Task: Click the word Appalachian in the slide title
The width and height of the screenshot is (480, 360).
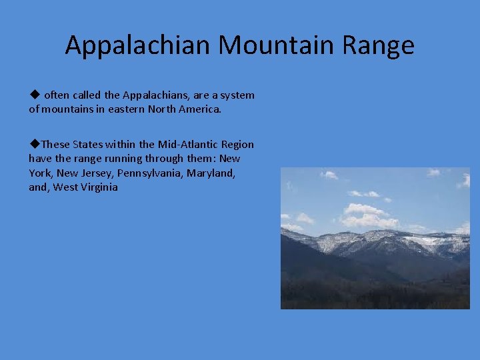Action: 138,45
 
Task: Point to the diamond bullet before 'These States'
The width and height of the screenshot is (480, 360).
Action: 33,144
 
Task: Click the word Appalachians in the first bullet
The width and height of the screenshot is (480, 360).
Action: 155,95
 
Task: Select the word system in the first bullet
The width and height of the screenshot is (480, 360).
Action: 237,95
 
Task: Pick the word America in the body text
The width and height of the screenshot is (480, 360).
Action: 198,109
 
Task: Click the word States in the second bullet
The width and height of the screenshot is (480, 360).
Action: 87,145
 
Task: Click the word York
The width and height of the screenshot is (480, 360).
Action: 40,173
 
